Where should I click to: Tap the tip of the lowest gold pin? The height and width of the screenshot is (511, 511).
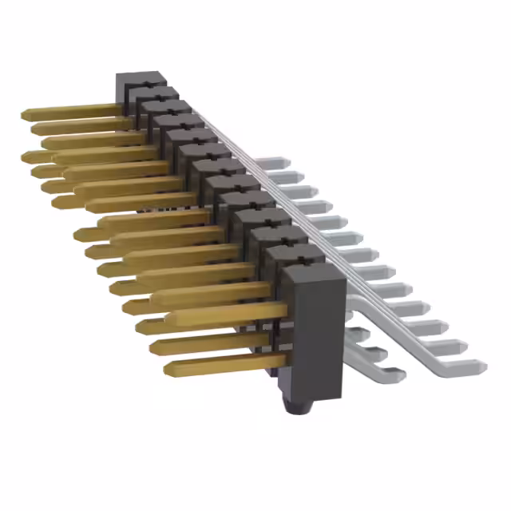[x=168, y=369]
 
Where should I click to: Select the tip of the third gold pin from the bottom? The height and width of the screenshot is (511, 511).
[x=141, y=326]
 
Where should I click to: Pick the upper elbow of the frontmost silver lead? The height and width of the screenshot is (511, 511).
[x=363, y=303]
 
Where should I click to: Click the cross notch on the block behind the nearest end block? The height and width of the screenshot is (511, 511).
[x=285, y=254]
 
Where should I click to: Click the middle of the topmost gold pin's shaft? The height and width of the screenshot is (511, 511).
[x=72, y=110]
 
